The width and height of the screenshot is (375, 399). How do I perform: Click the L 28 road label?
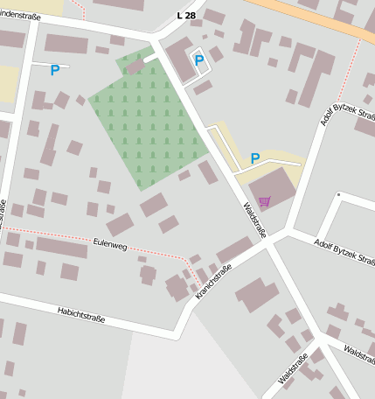coord(186,16)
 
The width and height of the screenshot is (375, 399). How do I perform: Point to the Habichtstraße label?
coord(81,314)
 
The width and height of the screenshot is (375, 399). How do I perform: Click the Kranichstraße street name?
coord(212,283)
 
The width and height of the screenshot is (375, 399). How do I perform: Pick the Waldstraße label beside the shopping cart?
coord(253,218)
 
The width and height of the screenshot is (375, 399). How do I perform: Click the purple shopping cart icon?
coord(264,201)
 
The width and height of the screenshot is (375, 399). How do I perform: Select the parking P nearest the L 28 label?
coord(199,60)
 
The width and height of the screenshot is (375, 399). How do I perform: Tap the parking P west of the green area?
coord(55,70)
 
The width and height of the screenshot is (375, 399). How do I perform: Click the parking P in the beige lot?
coord(255,158)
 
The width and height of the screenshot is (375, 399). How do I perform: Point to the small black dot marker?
coord(337,194)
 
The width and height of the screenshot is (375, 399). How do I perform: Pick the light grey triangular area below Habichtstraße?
coord(184,367)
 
